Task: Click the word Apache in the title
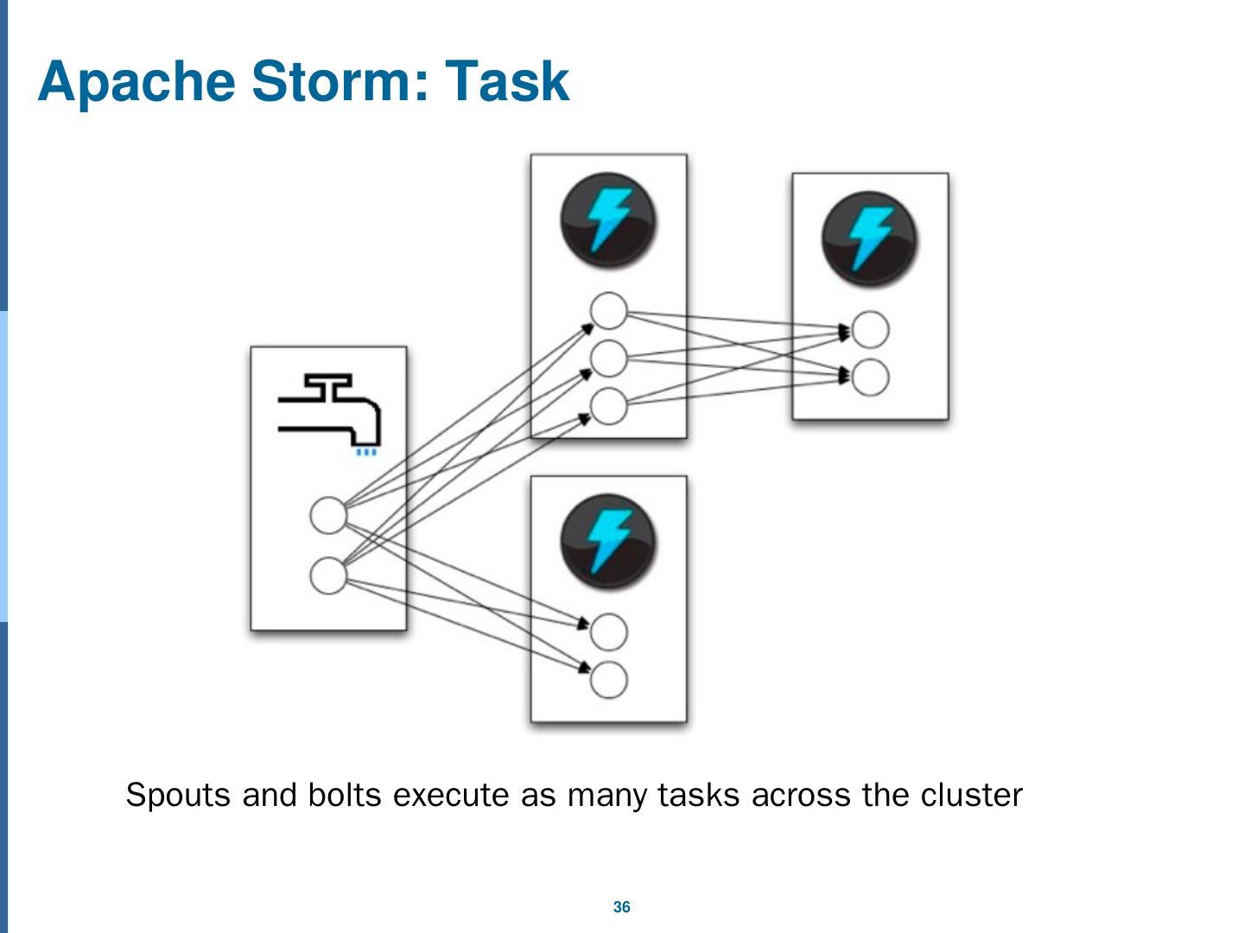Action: tap(136, 82)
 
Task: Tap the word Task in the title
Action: tap(507, 82)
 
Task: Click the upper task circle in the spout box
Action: tap(328, 516)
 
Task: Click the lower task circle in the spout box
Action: tap(328, 575)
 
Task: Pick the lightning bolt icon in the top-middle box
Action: tap(608, 219)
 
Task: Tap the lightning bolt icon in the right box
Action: tap(869, 238)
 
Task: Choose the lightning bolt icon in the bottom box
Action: tap(608, 542)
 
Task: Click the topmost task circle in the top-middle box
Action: tap(608, 311)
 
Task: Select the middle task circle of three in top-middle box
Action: tap(608, 359)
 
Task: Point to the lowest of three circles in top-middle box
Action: tap(608, 406)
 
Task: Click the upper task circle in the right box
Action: tap(870, 329)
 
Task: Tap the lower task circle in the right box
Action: tap(870, 377)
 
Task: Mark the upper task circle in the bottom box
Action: tap(608, 632)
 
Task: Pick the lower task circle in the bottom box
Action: tap(608, 679)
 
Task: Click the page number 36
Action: tap(621, 907)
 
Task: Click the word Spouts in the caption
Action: tap(180, 795)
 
